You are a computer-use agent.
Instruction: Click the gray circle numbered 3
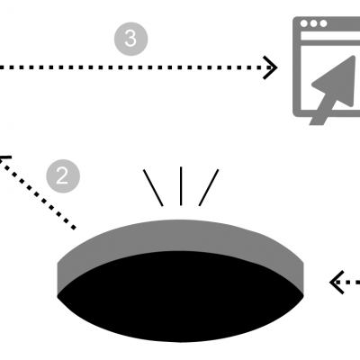130,39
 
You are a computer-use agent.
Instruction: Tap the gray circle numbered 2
63,176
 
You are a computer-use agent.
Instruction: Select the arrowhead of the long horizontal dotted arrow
270,67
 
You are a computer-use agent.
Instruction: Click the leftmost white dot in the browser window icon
304,23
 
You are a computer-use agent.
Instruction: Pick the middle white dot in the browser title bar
313,23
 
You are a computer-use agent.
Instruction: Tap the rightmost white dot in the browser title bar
323,23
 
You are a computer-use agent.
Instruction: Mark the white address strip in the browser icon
330,36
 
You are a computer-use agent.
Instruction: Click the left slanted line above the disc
153,188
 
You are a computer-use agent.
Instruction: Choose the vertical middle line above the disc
181,186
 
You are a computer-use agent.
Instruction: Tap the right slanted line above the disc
209,188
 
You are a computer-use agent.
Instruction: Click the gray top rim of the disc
180,236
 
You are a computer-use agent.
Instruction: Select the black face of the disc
180,296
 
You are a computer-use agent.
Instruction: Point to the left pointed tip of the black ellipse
58,296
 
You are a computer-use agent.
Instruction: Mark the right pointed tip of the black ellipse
303,296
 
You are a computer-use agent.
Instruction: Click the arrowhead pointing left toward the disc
336,282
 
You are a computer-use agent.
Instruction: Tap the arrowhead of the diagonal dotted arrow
4,159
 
